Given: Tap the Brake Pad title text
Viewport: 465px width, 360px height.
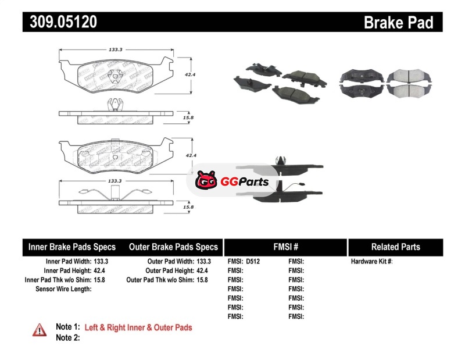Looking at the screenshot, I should pos(398,22).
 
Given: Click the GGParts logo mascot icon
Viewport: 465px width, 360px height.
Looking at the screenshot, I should pos(205,181).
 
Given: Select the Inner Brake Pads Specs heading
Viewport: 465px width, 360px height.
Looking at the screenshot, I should pos(72,247).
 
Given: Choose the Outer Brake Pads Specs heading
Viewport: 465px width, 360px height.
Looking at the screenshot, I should pos(173,247).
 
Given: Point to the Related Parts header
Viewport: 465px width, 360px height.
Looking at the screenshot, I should pos(395,247).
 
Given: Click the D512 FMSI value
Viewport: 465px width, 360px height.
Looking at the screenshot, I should pos(253,262).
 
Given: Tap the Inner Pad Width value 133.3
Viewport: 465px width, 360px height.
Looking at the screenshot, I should pos(101,262).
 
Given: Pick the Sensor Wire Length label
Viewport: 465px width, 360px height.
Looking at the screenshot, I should pos(63,288).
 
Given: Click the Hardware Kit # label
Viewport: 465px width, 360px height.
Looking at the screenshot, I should pos(371,262).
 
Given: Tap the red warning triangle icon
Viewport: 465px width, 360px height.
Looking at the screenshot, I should pos(40,329).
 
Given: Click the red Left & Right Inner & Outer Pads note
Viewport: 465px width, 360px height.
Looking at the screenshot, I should pos(138,327).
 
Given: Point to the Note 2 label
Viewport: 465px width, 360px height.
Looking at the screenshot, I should pos(67,337).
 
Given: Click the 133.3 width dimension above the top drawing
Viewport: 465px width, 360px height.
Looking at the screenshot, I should pos(116,50).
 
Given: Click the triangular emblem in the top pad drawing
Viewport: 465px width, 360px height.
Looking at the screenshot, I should pos(116,75).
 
